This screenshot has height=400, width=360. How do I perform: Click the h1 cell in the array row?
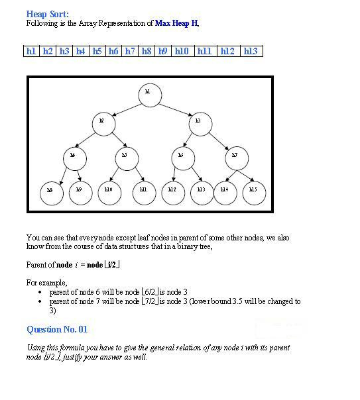click(x=31, y=51)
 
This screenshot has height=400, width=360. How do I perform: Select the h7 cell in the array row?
click(x=130, y=51)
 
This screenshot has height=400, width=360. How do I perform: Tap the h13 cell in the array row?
click(x=250, y=51)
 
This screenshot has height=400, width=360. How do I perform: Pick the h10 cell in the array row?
click(x=182, y=51)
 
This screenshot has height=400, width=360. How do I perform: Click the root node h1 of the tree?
click(x=149, y=94)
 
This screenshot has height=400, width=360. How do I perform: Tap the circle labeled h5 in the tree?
click(x=125, y=157)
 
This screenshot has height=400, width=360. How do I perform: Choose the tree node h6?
click(x=182, y=157)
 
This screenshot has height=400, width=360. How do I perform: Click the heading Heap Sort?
click(x=47, y=14)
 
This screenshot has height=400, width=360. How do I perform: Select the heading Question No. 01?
click(x=57, y=329)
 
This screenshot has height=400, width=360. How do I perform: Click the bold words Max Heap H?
click(x=176, y=23)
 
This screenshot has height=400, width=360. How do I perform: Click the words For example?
click(x=46, y=283)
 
